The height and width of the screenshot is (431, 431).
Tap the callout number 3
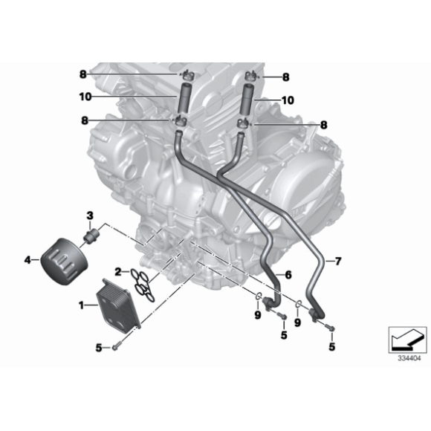click(90, 215)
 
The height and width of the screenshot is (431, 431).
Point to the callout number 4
click(27, 259)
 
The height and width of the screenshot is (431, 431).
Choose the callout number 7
click(338, 262)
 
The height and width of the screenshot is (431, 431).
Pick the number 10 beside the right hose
click(286, 99)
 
